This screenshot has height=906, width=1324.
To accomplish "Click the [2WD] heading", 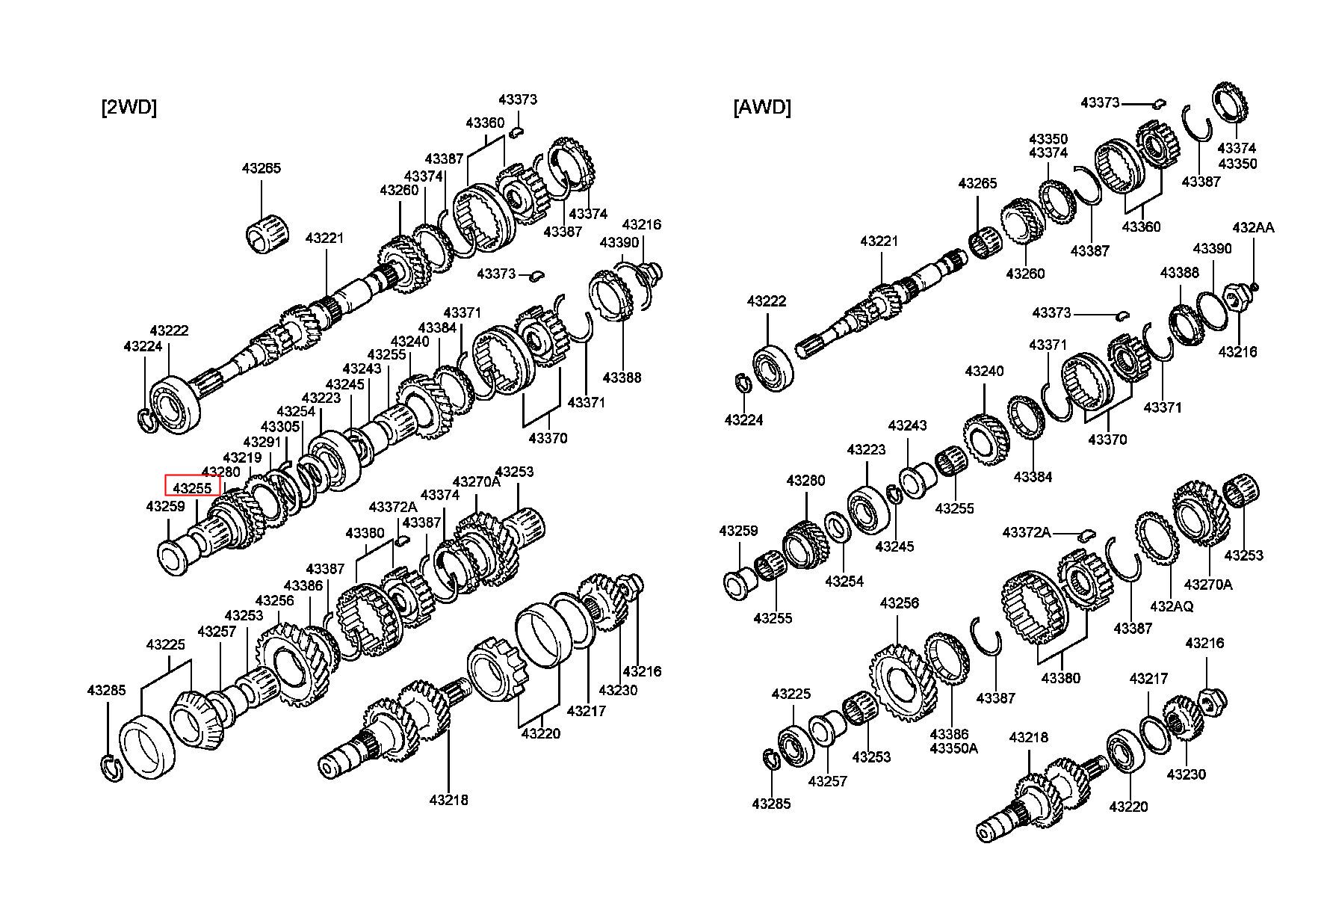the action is point(129,108).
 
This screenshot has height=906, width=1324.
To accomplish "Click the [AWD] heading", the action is point(762,108).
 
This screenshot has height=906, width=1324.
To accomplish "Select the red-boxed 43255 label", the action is point(193,488).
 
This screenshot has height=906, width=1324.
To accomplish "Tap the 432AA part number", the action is point(1253,227).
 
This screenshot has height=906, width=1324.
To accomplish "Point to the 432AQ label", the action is point(1172,605).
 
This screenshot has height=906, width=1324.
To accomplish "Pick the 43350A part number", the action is point(953,748).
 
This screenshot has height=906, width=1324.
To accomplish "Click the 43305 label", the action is point(280,427).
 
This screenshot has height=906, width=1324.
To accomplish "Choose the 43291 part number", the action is point(263,443).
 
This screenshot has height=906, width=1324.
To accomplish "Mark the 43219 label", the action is point(242,457).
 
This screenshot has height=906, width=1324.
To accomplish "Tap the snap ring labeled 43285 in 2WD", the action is point(110,768).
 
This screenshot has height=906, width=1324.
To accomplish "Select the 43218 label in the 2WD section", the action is point(449,800).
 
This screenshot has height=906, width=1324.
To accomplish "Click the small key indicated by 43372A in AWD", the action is point(1087,534).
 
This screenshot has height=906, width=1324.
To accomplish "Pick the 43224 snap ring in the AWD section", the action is point(743,383).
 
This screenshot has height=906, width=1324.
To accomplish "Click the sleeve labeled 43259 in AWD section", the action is point(740,583).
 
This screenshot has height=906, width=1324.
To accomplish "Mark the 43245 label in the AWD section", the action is point(895,546).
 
